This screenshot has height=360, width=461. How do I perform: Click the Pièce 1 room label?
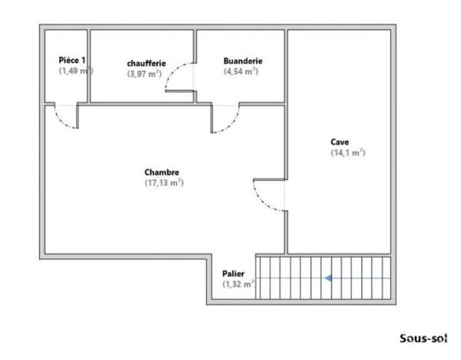coord(72,60)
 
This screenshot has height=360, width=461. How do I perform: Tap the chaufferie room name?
coord(147,63)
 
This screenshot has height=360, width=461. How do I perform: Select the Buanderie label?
coord(243,61)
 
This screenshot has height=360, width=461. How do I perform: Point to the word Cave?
coord(340,142)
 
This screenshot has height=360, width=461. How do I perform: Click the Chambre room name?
coord(161,172)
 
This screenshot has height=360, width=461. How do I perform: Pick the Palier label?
coord(233,274)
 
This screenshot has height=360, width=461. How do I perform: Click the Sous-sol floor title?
coord(423,339)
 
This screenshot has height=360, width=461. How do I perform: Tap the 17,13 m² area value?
coord(164,183)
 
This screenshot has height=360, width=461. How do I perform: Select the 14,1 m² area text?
coord(348,153)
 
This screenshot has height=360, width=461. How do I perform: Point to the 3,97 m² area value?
coord(144,74)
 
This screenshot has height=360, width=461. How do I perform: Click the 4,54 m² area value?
coord(240,71)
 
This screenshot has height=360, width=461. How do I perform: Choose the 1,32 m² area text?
coord(239,284)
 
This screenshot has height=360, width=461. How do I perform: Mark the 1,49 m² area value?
coord(76,71)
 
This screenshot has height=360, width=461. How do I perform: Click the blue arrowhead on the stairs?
coord(328,278)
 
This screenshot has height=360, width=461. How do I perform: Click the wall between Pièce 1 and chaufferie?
coord(88,66)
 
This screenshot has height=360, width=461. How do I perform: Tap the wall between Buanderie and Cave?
coord(286,66)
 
